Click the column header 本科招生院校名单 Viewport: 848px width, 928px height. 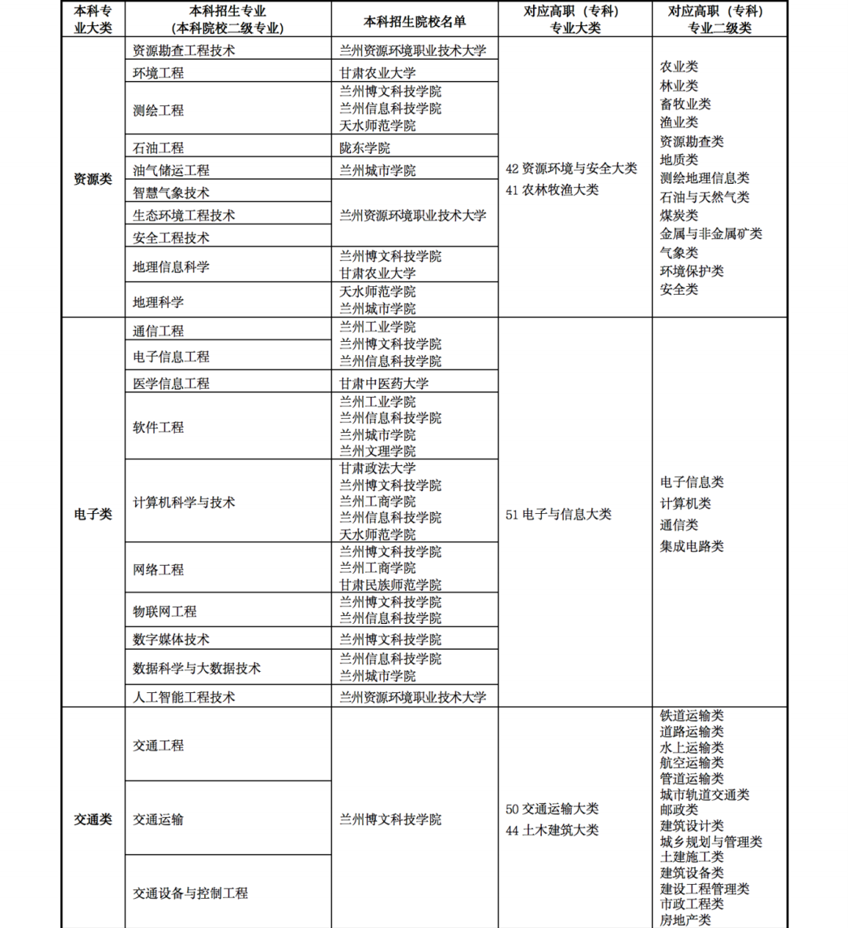(414, 20)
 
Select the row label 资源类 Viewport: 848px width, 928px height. (93, 179)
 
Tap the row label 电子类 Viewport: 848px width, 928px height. (93, 514)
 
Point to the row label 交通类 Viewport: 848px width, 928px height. (93, 820)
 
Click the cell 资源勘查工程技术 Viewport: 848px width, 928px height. (184, 50)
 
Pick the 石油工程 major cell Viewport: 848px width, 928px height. (158, 148)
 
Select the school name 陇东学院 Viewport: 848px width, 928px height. (364, 148)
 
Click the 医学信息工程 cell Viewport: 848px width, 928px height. (171, 383)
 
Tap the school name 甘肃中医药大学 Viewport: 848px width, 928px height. (384, 383)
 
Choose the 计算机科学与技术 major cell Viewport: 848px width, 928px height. (184, 502)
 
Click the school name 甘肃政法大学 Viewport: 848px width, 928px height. (378, 468)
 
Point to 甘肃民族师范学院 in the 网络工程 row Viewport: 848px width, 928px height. (390, 585)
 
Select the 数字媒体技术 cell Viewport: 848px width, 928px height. (171, 640)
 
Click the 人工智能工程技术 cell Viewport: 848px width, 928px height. (184, 697)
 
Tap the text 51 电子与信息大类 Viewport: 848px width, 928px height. (558, 514)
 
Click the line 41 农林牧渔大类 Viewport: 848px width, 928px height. (552, 190)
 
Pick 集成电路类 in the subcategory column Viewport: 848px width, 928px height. (692, 546)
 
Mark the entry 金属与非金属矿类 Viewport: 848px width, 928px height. (711, 233)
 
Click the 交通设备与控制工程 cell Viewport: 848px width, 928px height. (190, 893)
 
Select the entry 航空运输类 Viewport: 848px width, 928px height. (692, 763)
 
